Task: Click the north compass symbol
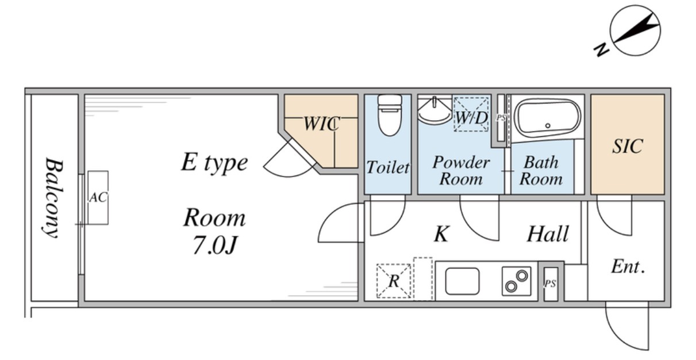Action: (635, 32)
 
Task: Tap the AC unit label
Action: (98, 197)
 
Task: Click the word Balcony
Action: (53, 197)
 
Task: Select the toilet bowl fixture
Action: (390, 114)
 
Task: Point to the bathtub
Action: (547, 118)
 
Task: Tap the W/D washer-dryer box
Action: (471, 114)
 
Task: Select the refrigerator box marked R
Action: (394, 281)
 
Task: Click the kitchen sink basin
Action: (462, 281)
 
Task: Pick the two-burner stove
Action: (516, 281)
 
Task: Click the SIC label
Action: (627, 146)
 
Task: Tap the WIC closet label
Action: (321, 123)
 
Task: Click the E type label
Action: (214, 163)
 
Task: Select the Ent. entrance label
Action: (628, 266)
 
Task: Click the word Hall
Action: (548, 234)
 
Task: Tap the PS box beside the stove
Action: (551, 284)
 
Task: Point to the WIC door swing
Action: (289, 160)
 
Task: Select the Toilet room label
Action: (388, 167)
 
